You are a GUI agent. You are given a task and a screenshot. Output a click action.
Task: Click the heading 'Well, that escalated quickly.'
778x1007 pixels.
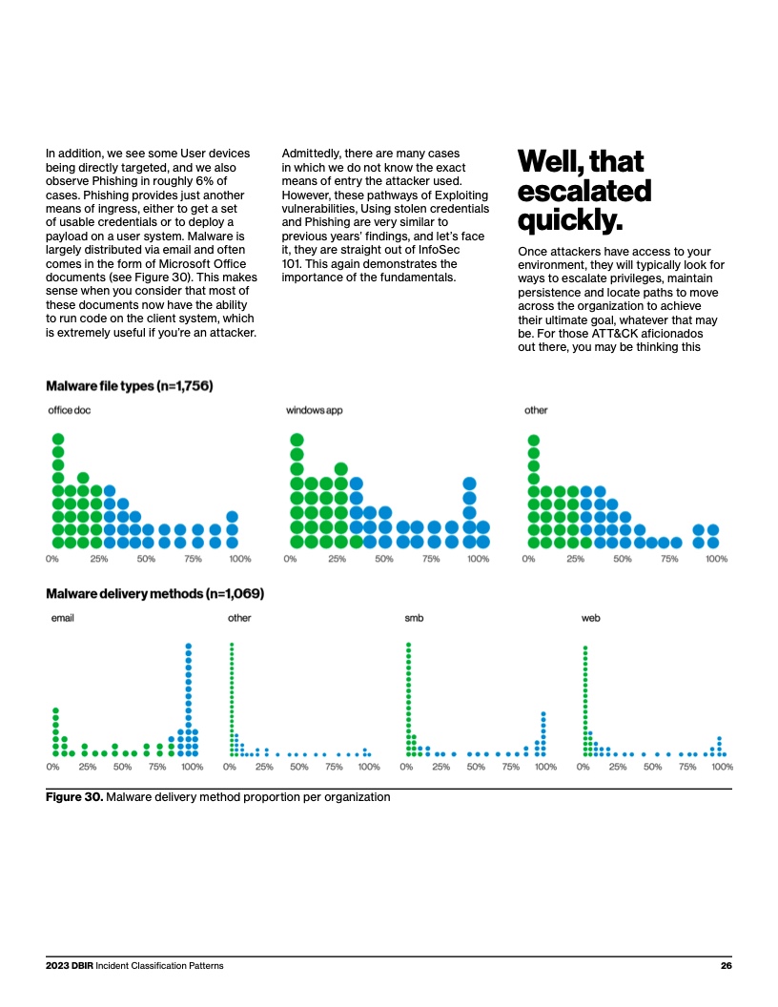[583, 190]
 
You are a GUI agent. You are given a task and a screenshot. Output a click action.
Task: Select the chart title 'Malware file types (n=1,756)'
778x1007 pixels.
[130, 386]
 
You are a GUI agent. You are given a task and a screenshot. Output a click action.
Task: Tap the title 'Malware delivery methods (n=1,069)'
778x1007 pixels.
[155, 594]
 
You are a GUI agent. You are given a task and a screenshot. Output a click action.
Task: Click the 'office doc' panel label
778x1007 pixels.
[70, 411]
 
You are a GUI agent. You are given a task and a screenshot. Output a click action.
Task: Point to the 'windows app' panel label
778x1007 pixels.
[314, 411]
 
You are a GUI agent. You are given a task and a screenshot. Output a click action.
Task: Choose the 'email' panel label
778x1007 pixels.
[62, 618]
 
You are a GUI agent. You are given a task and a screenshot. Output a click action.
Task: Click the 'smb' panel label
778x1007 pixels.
[414, 618]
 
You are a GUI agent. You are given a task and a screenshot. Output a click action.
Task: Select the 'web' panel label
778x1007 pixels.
[590, 618]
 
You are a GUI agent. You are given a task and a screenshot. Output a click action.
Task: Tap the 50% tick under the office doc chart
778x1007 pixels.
[146, 559]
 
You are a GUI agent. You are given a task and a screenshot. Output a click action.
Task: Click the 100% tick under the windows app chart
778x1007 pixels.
[478, 559]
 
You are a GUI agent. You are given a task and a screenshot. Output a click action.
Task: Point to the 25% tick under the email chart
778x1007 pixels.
[88, 766]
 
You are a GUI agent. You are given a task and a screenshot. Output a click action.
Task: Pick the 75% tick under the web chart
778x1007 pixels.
[687, 766]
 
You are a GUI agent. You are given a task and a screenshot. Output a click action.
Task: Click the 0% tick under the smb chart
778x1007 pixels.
[407, 766]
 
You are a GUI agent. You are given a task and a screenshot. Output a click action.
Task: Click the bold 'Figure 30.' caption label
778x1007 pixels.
[74, 797]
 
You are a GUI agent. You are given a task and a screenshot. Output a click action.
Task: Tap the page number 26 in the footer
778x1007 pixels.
[726, 966]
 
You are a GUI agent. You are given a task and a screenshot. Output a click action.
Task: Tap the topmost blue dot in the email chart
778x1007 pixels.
[188, 646]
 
